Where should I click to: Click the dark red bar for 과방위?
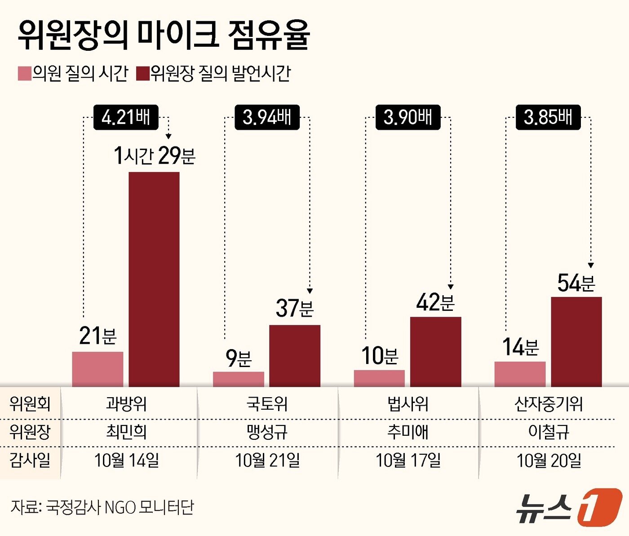[154, 279]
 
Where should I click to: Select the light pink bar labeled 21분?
[97, 369]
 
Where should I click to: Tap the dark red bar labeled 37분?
[295, 355]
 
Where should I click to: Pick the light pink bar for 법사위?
[379, 378]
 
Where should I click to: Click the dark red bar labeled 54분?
[576, 341]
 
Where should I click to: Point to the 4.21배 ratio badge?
[126, 117]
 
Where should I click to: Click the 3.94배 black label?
[267, 117]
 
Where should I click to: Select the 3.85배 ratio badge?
[548, 117]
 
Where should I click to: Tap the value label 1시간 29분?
[154, 155]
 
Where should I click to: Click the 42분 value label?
[435, 302]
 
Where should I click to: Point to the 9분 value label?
[238, 358]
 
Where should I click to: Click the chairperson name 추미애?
[408, 432]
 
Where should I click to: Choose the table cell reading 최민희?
[126, 432]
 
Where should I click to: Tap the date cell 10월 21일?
[267, 461]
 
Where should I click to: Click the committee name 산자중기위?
[548, 404]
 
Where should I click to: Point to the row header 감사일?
[30, 461]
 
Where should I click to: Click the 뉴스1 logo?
[568, 507]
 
